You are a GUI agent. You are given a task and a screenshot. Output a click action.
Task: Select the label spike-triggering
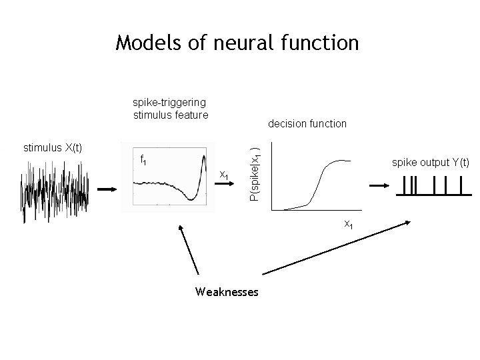tap(169, 103)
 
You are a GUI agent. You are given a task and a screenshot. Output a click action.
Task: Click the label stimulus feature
tap(171, 115)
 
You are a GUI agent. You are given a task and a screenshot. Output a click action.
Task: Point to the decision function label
tap(307, 123)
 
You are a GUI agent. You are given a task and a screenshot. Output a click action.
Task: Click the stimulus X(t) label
tap(53, 147)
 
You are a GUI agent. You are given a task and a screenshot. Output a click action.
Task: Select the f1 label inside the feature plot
tap(143, 160)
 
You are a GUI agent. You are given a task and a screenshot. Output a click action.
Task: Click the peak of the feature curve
tap(203, 157)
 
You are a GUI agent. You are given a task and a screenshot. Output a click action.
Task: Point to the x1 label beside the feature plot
tap(225, 175)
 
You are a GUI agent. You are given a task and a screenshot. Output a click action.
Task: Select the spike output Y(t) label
tap(431, 162)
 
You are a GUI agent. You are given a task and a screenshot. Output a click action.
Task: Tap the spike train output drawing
tap(430, 186)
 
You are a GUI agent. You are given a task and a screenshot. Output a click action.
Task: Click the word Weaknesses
tap(227, 292)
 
